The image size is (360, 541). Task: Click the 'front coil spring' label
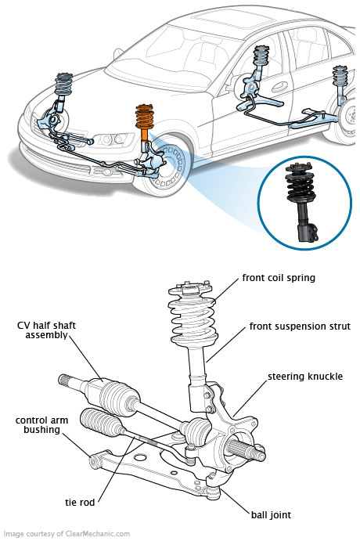(x=279, y=278)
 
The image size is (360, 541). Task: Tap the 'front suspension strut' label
(x=300, y=326)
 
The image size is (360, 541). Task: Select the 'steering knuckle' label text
(x=305, y=376)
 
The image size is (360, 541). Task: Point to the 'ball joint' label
(x=271, y=515)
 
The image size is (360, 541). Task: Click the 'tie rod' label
(x=80, y=503)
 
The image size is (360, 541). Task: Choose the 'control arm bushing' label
(x=41, y=425)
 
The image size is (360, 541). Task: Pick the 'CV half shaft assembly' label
(x=46, y=330)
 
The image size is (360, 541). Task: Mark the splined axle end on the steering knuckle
(x=247, y=450)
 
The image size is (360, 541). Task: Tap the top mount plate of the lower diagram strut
(x=189, y=288)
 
